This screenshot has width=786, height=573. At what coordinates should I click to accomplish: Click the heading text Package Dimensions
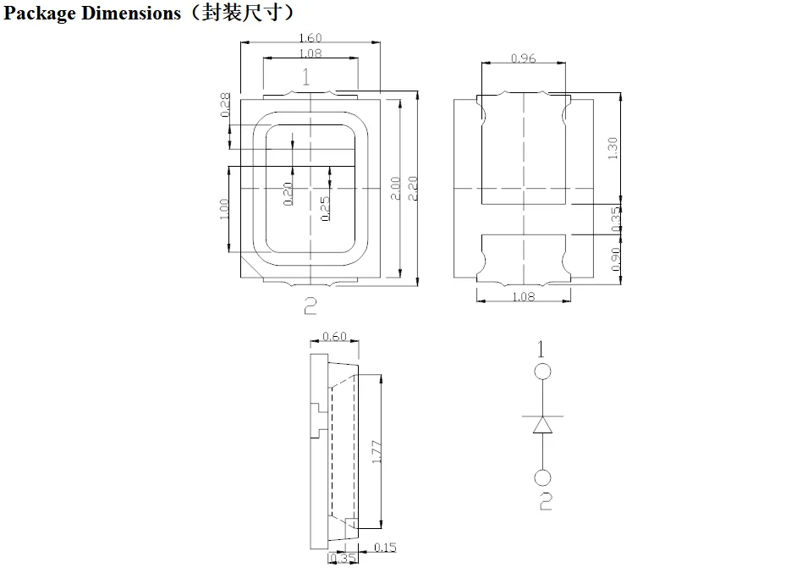click(93, 13)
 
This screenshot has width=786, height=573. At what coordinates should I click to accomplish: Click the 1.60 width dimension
click(311, 38)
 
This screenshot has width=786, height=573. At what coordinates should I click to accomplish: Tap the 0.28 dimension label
click(226, 105)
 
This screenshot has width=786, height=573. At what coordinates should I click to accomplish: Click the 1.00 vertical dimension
click(224, 209)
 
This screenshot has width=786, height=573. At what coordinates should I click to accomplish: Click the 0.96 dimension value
click(524, 58)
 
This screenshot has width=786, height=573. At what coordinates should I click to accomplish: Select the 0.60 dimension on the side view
click(335, 337)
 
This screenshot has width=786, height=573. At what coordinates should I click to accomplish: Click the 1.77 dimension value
click(377, 451)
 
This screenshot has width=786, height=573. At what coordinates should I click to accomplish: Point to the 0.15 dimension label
click(385, 548)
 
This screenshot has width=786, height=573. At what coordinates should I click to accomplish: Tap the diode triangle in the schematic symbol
click(542, 425)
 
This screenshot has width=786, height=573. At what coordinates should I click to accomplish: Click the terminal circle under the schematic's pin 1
click(542, 371)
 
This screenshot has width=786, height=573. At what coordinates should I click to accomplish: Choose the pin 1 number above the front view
click(306, 78)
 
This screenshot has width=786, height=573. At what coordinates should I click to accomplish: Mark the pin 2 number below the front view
click(310, 306)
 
